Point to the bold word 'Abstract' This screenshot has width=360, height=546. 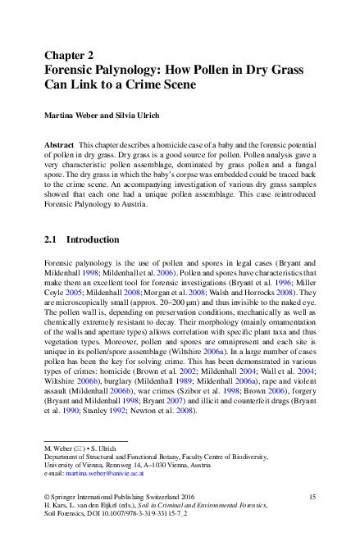[60, 143]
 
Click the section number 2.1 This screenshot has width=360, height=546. [50, 240]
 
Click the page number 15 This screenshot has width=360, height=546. [312, 498]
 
